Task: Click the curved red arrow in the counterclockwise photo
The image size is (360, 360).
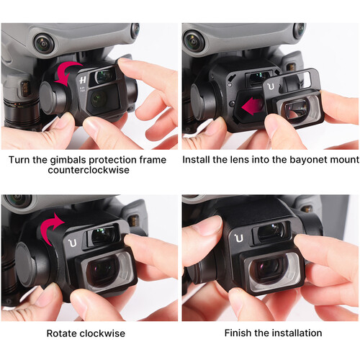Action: click(63, 71)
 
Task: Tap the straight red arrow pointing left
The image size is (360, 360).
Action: click(252, 106)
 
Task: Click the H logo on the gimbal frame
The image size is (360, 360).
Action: click(83, 80)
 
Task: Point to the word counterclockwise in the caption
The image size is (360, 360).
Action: click(89, 170)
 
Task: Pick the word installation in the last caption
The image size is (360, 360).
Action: click(297, 333)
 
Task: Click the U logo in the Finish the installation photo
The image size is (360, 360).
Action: click(239, 238)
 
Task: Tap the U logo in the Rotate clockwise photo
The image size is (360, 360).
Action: click(73, 243)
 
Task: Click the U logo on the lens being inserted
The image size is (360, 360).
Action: click(271, 86)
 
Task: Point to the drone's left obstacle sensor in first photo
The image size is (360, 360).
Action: click(44, 44)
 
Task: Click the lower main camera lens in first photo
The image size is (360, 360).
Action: click(98, 99)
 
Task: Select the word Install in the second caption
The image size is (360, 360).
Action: click(194, 160)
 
